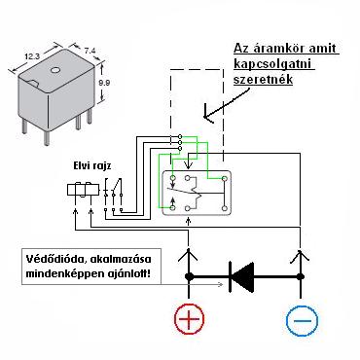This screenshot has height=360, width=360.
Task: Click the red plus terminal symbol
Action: click(x=190, y=319)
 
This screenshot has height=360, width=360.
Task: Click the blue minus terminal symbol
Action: click(x=302, y=320)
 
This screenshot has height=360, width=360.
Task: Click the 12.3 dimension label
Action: click(x=32, y=56)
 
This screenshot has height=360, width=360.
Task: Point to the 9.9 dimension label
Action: click(x=104, y=83)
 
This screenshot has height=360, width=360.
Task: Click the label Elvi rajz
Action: click(x=92, y=166)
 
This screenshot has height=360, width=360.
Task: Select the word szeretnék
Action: click(x=263, y=79)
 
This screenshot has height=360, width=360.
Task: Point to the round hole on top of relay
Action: click(x=55, y=70)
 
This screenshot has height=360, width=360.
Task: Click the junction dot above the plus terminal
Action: click(x=189, y=276)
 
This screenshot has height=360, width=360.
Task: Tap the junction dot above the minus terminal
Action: click(x=301, y=276)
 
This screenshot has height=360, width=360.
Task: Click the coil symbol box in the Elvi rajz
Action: click(x=83, y=190)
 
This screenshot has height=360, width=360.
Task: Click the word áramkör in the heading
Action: click(x=278, y=49)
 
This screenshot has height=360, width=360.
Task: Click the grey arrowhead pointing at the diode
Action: click(x=221, y=284)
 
